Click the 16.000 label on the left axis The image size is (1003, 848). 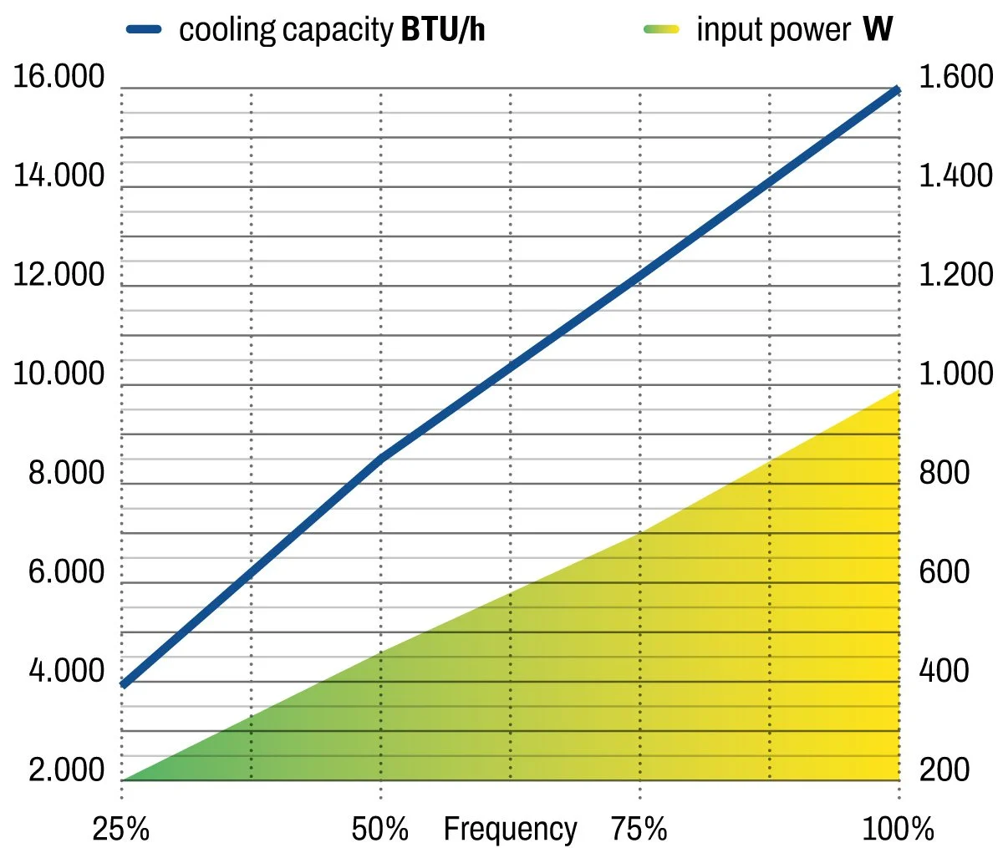tap(59, 77)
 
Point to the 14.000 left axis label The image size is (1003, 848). tap(59, 176)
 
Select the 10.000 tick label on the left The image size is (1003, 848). tap(59, 374)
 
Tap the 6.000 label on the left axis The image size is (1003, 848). tap(67, 572)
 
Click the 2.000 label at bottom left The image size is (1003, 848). tap(67, 769)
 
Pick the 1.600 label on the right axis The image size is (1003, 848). tap(956, 77)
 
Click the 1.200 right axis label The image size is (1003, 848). tap(956, 275)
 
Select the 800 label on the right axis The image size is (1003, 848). tap(944, 473)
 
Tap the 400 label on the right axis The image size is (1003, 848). tap(944, 671)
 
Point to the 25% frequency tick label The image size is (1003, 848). tap(120, 829)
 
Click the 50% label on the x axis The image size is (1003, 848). tap(380, 829)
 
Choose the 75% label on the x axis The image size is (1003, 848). tap(639, 829)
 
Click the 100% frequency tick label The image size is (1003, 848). tap(899, 829)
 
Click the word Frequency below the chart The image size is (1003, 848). tap(510, 829)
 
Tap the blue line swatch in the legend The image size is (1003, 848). tap(144, 29)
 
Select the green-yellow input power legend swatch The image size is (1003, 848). tap(661, 29)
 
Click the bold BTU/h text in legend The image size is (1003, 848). tap(443, 30)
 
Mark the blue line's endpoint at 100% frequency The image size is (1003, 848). tap(898, 89)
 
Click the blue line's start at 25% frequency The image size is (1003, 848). tap(123, 684)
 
